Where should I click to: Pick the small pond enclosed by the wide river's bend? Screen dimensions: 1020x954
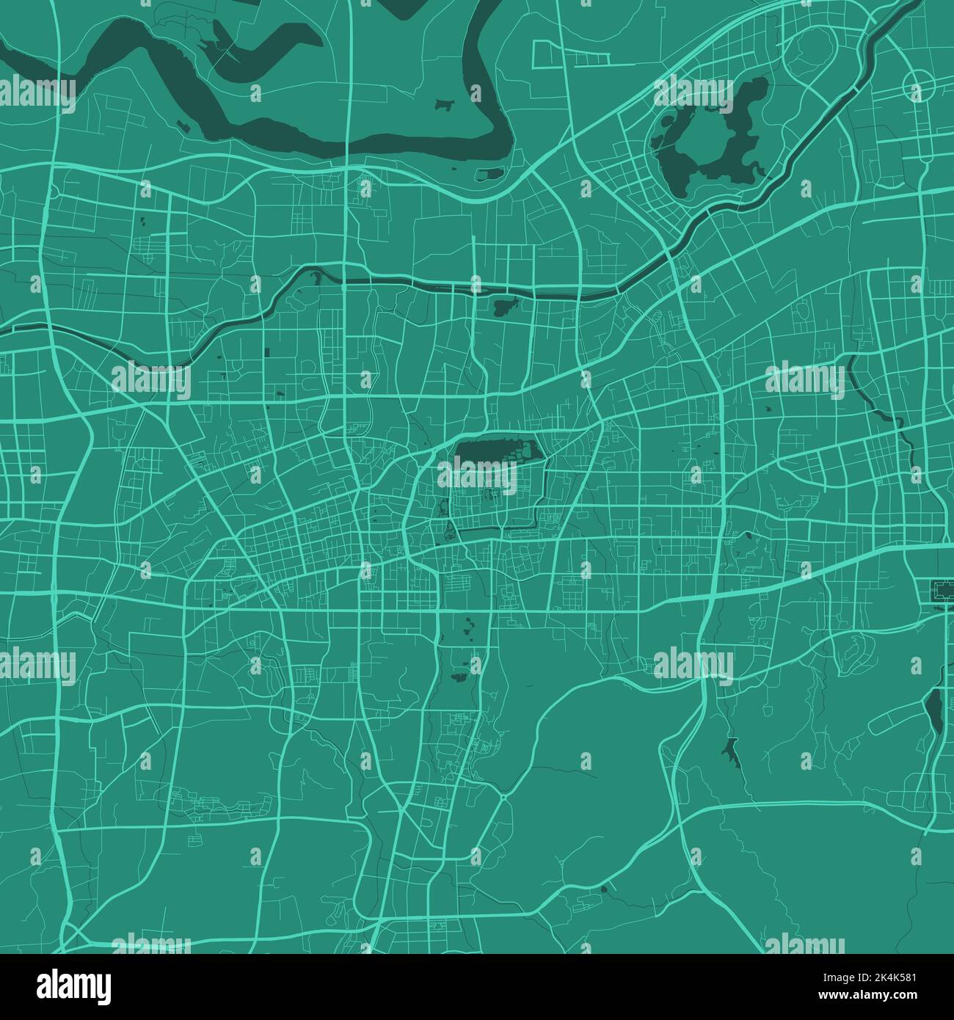click(443, 105)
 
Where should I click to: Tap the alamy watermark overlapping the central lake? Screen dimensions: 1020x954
click(478, 477)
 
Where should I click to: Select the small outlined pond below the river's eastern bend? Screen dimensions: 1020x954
click(489, 175)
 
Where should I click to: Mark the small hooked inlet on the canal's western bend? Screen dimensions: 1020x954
click(316, 277)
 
